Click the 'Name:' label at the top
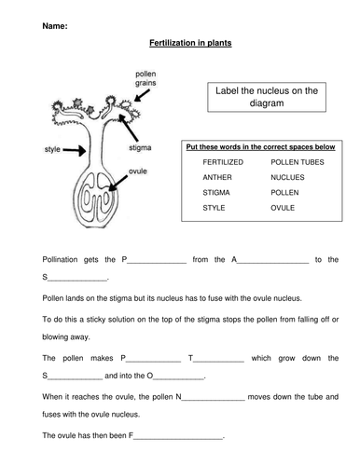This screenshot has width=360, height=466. pyautogui.click(x=55, y=26)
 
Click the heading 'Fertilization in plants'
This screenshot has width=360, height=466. pyautogui.click(x=190, y=43)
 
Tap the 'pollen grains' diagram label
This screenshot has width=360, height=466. pyautogui.click(x=145, y=78)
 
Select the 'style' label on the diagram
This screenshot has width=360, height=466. pyautogui.click(x=52, y=149)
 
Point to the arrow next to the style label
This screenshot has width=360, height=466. pyautogui.click(x=75, y=151)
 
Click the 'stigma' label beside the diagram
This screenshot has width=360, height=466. pyautogui.click(x=140, y=147)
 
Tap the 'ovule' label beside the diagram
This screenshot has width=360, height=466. pyautogui.click(x=138, y=171)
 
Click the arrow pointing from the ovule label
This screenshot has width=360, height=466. pyautogui.click(x=118, y=184)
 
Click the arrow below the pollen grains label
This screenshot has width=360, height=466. pyautogui.click(x=142, y=95)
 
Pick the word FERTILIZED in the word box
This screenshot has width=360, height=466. pyautogui.click(x=223, y=162)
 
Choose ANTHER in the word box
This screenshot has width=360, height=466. pyautogui.click(x=217, y=177)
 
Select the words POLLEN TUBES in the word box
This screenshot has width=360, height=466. pyautogui.click(x=298, y=162)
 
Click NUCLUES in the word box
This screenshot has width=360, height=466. pyautogui.click(x=287, y=177)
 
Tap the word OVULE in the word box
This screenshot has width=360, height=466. pyautogui.click(x=283, y=208)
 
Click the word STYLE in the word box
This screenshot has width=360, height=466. pyautogui.click(x=214, y=208)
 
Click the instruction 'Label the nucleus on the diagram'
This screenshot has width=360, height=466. pyautogui.click(x=267, y=97)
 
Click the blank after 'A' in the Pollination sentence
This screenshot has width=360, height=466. pyautogui.click(x=273, y=263)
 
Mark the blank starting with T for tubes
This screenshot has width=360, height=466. pyautogui.click(x=218, y=362)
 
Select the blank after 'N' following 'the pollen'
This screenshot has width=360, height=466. pyautogui.click(x=214, y=401)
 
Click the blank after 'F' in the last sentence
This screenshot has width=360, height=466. pyautogui.click(x=178, y=439)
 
